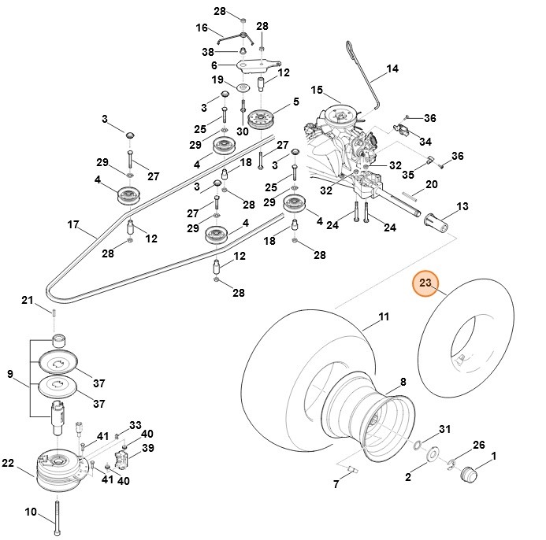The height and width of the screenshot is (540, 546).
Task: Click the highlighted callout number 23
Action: (x=426, y=283)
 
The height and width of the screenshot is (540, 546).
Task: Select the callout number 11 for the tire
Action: (x=384, y=317)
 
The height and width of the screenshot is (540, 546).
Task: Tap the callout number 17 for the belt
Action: (x=73, y=224)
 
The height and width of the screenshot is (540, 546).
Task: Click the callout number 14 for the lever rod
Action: (x=392, y=69)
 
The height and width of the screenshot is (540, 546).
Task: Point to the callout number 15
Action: (x=317, y=90)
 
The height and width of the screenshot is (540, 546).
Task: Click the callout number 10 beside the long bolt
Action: (x=30, y=512)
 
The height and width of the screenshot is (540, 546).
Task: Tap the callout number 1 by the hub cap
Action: (x=494, y=456)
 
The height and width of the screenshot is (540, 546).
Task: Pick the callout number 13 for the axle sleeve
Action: (x=462, y=205)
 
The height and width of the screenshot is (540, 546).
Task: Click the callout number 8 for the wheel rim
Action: (x=403, y=382)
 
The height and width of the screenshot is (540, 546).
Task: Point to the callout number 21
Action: (x=27, y=300)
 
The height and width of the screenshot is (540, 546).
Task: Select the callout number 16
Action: (x=201, y=28)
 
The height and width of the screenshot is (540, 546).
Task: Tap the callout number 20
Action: (x=453, y=183)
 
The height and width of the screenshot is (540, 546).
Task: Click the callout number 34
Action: (x=425, y=142)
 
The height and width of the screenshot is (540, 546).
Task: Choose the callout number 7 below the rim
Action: (x=335, y=484)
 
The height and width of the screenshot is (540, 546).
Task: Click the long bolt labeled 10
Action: (x=58, y=516)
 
